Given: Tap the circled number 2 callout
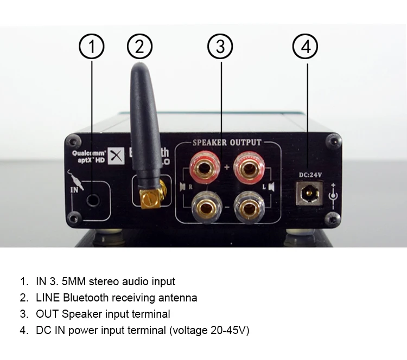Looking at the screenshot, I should coord(140,47).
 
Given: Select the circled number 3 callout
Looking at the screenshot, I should coord(220,47).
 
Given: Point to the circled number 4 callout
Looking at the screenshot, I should coord(306,47).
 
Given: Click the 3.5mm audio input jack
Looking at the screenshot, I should coord(93,199).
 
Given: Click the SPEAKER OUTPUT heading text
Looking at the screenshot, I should coord(227,143).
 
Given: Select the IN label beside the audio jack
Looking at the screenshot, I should coord(74,191).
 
